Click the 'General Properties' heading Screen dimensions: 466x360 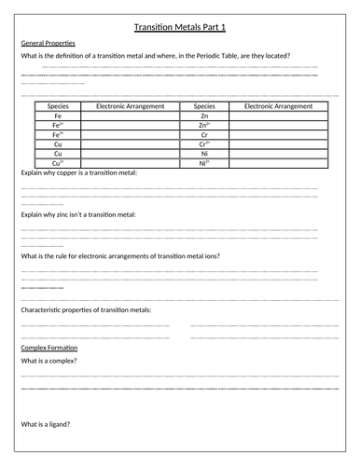coord(48,44)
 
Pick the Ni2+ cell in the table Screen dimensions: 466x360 coord(204,163)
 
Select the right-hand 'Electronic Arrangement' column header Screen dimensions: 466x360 coord(278,106)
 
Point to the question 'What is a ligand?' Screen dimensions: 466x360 coord(46,425)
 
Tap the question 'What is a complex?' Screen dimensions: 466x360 coord(48,360)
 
